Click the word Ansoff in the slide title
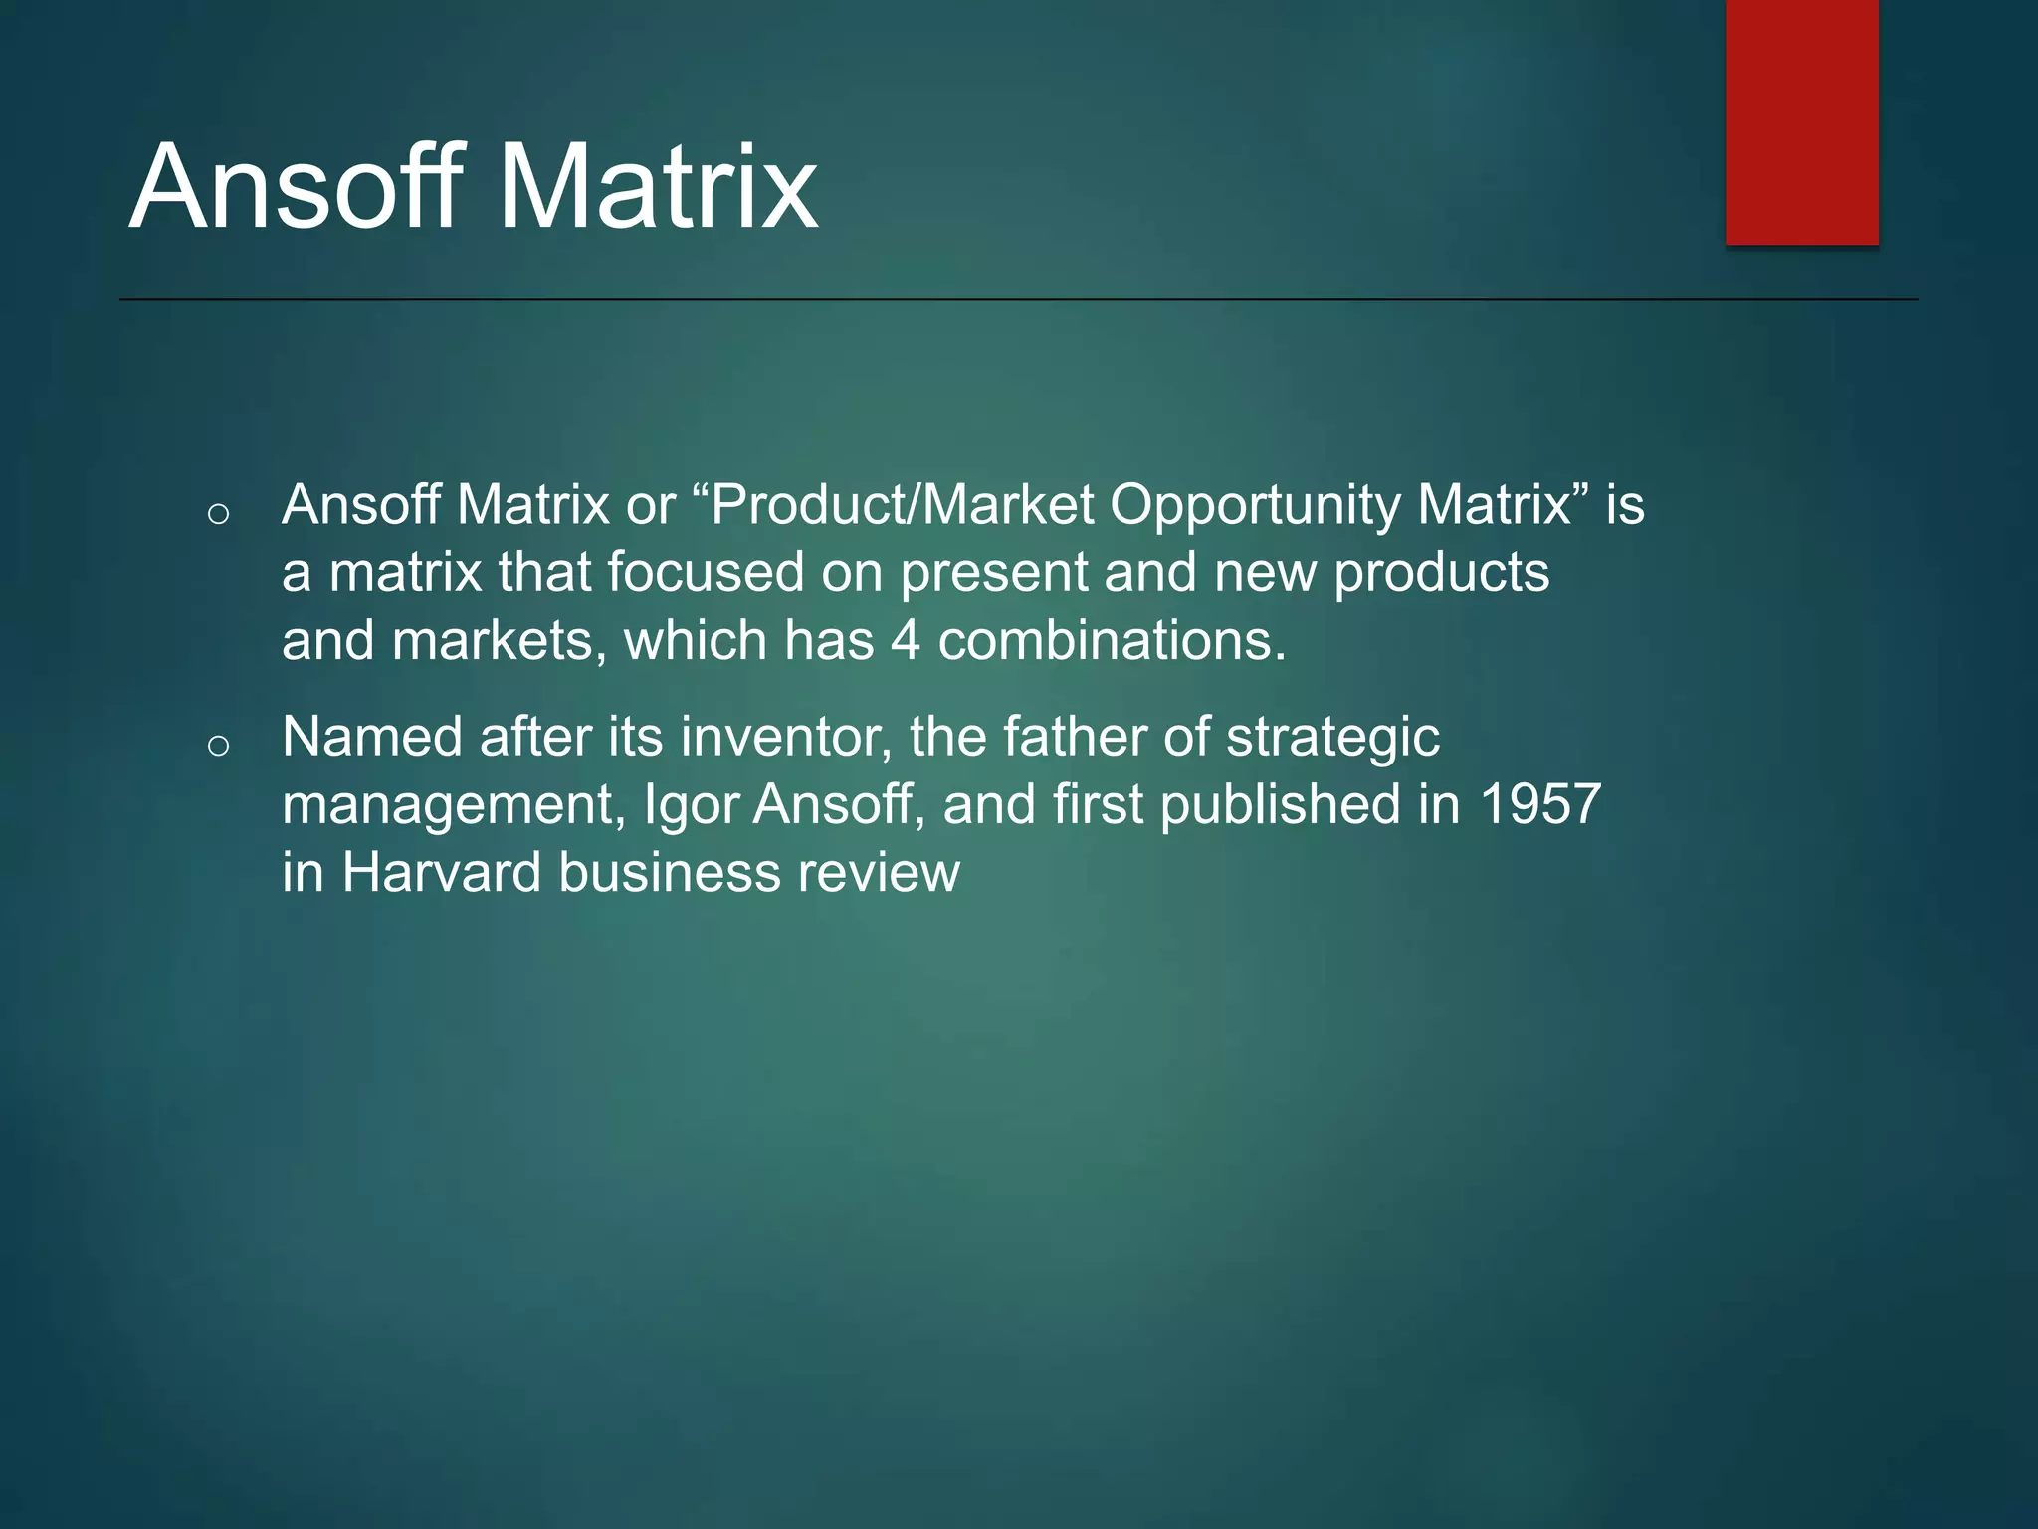pos(297,187)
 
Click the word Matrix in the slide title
pos(657,187)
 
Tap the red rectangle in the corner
pos(1801,121)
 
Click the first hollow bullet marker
pos(219,514)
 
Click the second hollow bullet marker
pos(219,746)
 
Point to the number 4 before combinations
pos(905,640)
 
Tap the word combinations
pos(1112,640)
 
